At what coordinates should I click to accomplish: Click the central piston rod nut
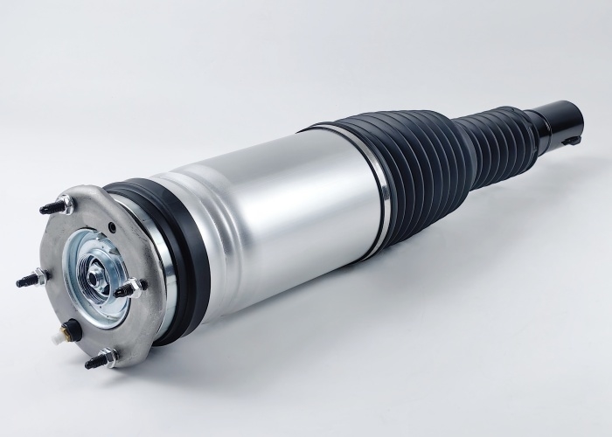point(92,277)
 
